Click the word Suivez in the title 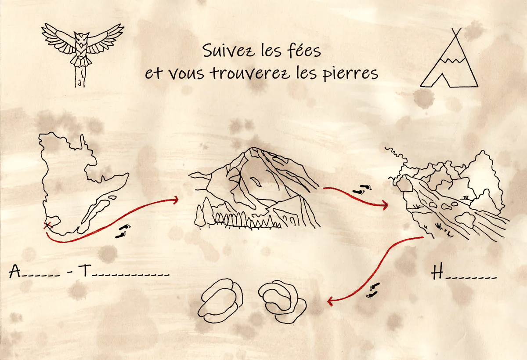tap(228, 51)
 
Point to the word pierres tap(350, 73)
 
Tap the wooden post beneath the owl tap(80, 77)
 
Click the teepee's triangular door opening tap(443, 80)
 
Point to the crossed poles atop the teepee tap(456, 32)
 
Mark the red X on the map tap(48, 225)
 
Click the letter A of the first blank tap(14, 271)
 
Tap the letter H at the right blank tap(437, 271)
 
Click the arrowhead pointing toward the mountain tap(175, 200)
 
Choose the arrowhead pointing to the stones tap(330, 301)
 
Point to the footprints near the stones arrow tap(372, 291)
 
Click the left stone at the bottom tap(220, 300)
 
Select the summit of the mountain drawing tap(253, 149)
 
